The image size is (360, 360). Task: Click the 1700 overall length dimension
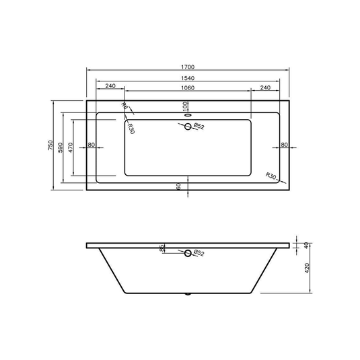point(188,67)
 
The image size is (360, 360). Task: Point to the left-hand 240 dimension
point(111,87)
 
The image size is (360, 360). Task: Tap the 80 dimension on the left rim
point(92,145)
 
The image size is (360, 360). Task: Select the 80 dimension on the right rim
point(284,145)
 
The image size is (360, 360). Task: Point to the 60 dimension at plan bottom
point(179,186)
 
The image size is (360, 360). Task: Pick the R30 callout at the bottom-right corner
point(271,176)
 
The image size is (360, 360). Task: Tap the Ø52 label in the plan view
point(199,126)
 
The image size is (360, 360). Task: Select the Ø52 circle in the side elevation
point(188,253)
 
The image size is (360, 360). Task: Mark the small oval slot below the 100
point(188,114)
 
